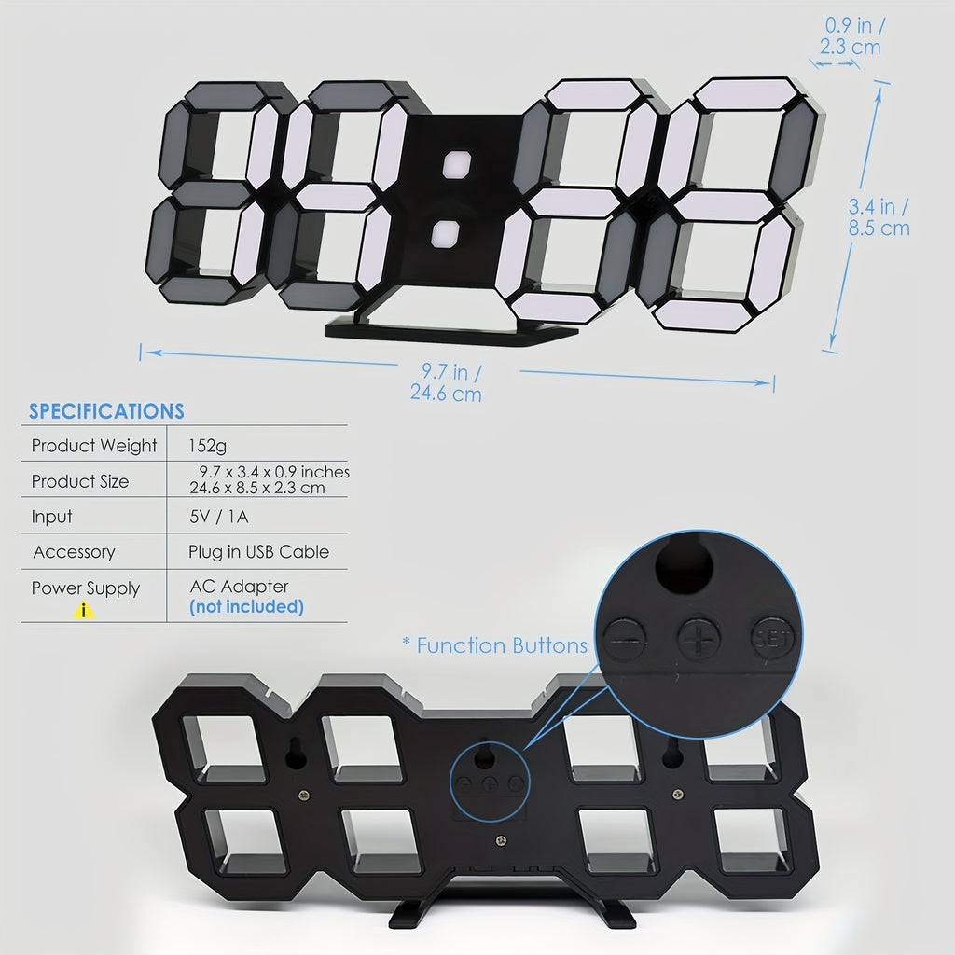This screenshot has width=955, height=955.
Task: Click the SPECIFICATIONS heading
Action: (106, 411)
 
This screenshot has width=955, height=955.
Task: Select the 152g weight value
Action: (207, 446)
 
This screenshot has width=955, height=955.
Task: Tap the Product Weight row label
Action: (94, 446)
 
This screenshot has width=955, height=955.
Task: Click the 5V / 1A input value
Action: (218, 517)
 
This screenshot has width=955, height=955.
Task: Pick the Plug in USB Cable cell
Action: (259, 552)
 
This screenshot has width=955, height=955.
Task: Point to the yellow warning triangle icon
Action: (83, 610)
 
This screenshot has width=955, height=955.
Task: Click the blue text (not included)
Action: (246, 606)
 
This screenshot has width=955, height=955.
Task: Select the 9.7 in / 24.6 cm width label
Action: (447, 382)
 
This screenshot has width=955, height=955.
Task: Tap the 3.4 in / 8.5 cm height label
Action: (879, 217)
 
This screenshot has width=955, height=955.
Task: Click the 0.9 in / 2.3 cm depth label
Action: (851, 36)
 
